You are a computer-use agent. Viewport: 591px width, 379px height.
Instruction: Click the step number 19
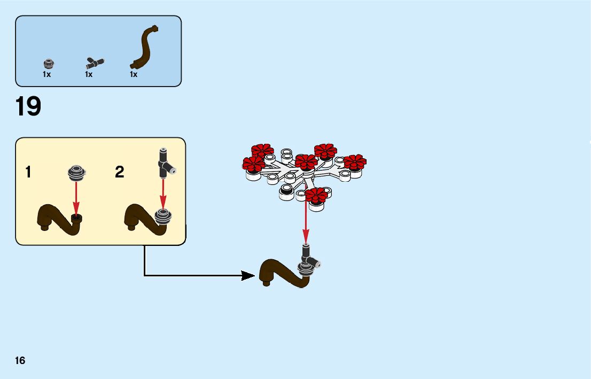(28, 106)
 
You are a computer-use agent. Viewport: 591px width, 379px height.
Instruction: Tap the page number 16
(20, 360)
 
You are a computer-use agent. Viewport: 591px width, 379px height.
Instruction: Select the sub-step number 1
(28, 172)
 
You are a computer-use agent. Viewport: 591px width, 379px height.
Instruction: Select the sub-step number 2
(120, 172)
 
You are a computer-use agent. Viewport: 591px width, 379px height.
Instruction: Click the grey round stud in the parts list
(48, 64)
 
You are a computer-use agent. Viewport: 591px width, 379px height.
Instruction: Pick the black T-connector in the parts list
(95, 62)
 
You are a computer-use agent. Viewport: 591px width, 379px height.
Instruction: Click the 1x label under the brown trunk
(134, 75)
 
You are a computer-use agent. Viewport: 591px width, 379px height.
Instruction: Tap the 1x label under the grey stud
(47, 75)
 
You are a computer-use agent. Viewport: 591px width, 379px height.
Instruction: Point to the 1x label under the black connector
(89, 75)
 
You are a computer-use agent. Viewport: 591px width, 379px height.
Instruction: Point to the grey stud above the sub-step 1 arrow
(76, 172)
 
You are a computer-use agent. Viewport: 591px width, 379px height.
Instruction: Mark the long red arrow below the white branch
(306, 222)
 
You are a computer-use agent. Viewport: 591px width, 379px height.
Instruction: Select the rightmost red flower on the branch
(354, 161)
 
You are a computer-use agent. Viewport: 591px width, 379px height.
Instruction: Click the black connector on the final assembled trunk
(308, 256)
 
